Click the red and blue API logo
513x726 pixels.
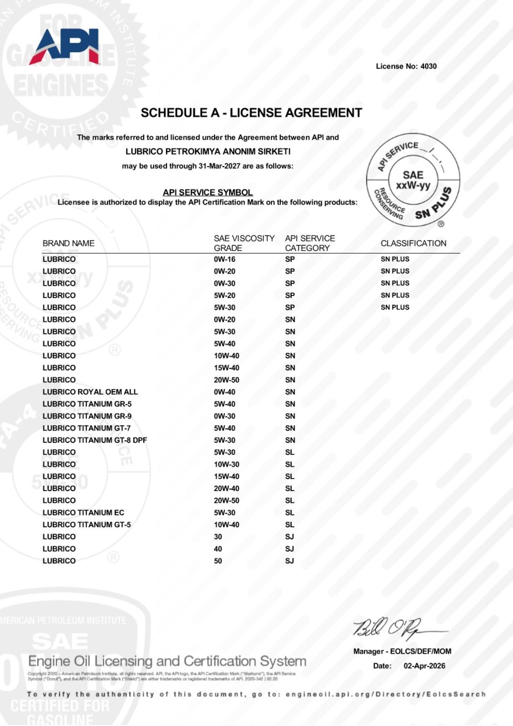click(x=65, y=47)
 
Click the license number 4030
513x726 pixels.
click(x=428, y=66)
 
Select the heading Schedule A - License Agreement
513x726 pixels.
click(x=251, y=113)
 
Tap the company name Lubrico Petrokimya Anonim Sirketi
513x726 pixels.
click(x=208, y=151)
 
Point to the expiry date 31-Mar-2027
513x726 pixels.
click(x=219, y=166)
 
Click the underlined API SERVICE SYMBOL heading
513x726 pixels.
click(x=208, y=192)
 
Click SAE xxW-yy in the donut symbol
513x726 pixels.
click(x=413, y=180)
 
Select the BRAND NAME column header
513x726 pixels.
click(x=68, y=243)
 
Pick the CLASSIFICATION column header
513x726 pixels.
click(x=413, y=243)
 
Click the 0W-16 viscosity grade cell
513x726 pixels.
click(x=225, y=259)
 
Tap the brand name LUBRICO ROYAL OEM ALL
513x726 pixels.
click(x=90, y=392)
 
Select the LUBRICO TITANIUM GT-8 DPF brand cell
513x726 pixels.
click(x=95, y=440)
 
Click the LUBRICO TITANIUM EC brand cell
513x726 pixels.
click(x=83, y=512)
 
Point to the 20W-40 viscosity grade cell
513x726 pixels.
click(x=226, y=488)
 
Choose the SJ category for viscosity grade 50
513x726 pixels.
click(x=289, y=561)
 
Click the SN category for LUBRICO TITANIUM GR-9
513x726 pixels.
click(x=290, y=416)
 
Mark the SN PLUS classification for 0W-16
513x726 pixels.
click(x=395, y=259)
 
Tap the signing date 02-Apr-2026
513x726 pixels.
click(x=424, y=666)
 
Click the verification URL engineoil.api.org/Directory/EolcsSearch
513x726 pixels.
click(x=386, y=694)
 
